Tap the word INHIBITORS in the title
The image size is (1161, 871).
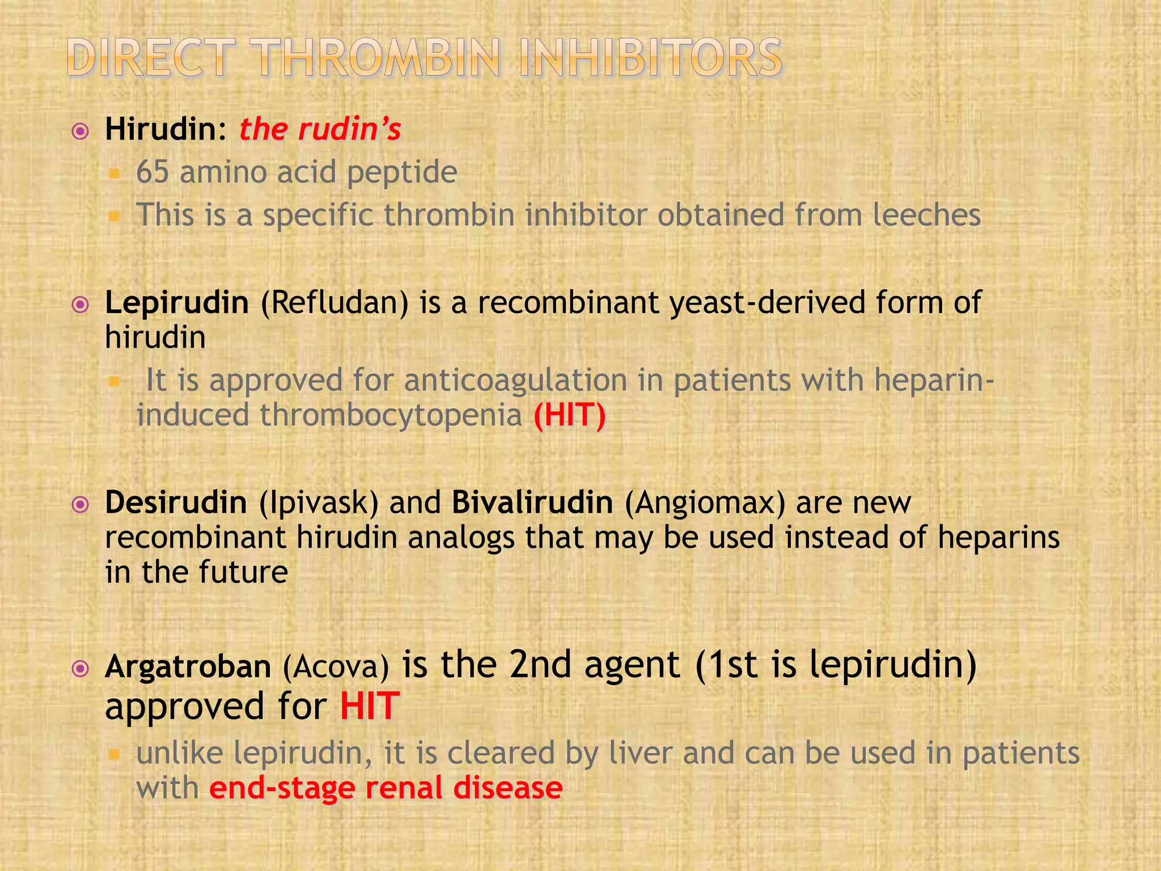[x=650, y=58]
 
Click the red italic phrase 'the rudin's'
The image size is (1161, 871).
[x=320, y=129]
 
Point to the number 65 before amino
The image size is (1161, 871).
[x=152, y=172]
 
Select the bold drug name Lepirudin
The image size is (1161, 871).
[x=177, y=303]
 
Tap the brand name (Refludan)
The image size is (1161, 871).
[x=334, y=303]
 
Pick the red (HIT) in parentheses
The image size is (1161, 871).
[x=570, y=415]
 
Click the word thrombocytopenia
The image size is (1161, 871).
[x=391, y=415]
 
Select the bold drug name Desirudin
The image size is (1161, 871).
[x=176, y=502]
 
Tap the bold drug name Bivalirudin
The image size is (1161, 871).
[x=532, y=502]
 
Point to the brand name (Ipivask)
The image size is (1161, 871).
[x=319, y=502]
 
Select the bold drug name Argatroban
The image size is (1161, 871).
[x=188, y=667]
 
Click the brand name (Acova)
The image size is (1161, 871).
[x=336, y=667]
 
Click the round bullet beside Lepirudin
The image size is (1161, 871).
[x=81, y=305]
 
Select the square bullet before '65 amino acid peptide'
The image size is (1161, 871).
[x=114, y=173]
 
